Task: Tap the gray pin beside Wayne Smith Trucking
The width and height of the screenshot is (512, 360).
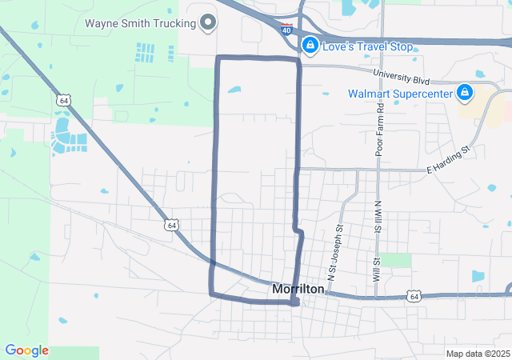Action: pyautogui.click(x=208, y=22)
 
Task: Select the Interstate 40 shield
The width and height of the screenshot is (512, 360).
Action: pyautogui.click(x=286, y=30)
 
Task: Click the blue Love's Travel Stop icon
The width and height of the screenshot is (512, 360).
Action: pyautogui.click(x=309, y=46)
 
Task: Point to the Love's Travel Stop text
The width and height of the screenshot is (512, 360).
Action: pyautogui.click(x=367, y=47)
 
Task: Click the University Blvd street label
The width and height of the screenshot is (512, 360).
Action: pyautogui.click(x=417, y=80)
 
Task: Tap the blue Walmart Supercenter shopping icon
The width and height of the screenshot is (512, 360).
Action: pyautogui.click(x=464, y=94)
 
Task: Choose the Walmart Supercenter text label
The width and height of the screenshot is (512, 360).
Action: pyautogui.click(x=399, y=94)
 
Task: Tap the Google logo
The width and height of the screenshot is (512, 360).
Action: pyautogui.click(x=26, y=350)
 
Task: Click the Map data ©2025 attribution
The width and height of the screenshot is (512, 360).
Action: pyautogui.click(x=477, y=354)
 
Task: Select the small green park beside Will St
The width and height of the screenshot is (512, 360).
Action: pyautogui.click(x=395, y=260)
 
